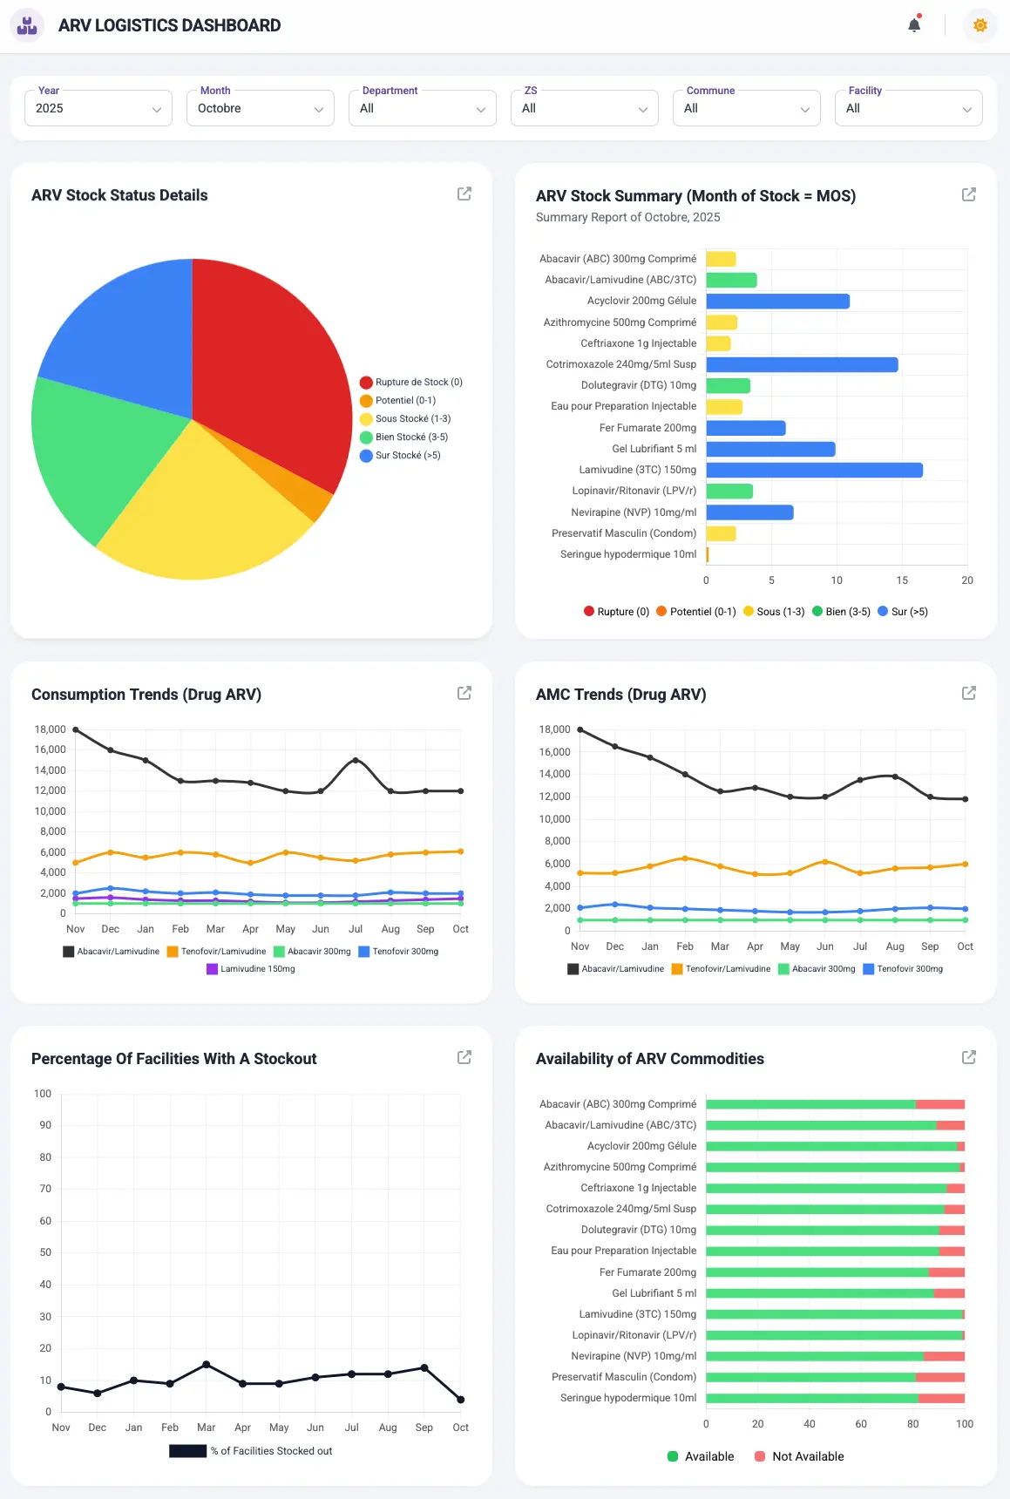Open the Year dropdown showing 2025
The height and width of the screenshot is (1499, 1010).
point(98,109)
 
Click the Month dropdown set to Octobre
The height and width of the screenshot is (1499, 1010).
point(260,109)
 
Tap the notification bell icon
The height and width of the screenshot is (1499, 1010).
point(914,25)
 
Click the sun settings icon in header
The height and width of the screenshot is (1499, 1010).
point(980,25)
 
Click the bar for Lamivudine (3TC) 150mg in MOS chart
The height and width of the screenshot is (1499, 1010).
point(814,471)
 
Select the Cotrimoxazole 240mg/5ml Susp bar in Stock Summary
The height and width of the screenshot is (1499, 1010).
point(802,365)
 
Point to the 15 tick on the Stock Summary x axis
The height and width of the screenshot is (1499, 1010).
point(902,580)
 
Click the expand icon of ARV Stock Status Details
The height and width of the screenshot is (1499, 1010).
point(464,193)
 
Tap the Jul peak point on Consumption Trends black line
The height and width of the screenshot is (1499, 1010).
point(356,761)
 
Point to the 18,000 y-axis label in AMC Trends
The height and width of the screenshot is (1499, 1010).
point(554,729)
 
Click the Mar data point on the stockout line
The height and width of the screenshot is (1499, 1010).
point(207,1365)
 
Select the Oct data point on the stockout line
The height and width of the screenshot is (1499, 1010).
point(461,1400)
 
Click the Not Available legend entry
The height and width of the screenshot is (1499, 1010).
point(799,1456)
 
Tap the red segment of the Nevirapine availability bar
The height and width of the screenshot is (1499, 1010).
point(944,1356)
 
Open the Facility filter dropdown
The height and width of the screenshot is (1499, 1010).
point(908,109)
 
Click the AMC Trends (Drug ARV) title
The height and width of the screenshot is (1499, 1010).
point(620,695)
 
